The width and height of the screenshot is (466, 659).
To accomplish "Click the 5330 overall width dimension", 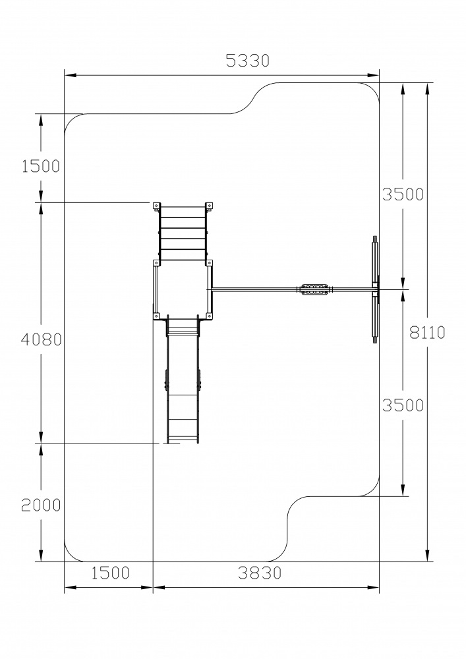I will [x=248, y=61].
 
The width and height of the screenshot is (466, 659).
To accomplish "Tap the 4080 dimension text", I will [x=41, y=340].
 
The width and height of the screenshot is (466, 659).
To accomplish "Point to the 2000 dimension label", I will [x=41, y=505].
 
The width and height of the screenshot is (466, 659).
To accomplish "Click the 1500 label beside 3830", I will [x=109, y=573].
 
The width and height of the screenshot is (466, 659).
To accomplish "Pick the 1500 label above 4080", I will [x=41, y=166].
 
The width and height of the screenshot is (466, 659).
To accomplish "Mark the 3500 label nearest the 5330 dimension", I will [x=402, y=194].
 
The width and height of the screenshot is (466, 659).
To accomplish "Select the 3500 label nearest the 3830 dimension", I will [x=402, y=405].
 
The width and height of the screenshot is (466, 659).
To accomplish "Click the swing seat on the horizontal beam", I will [x=314, y=290].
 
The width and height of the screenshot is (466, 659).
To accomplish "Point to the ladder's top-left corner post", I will [x=157, y=207].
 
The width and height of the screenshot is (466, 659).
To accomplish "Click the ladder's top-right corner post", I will [x=209, y=207].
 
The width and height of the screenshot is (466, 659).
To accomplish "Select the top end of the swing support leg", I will [x=375, y=238].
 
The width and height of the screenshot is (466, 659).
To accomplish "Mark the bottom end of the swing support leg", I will [x=375, y=341].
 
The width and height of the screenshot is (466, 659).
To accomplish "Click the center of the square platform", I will [x=183, y=290].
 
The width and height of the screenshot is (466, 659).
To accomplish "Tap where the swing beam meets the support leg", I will [x=375, y=290].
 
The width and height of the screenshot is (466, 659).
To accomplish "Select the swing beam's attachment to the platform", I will [x=211, y=290].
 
